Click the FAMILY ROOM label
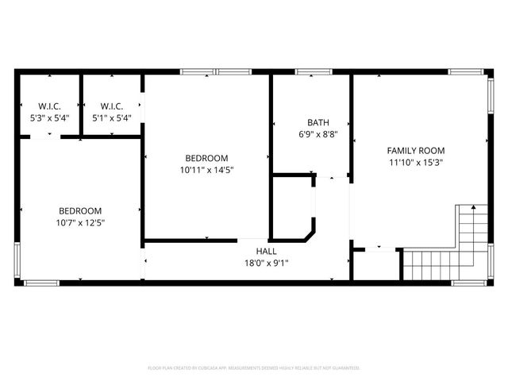[x=415, y=150]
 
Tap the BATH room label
[x=318, y=123]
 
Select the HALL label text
[x=266, y=251]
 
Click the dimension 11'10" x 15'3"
[x=415, y=162]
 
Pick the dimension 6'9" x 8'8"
[x=318, y=135]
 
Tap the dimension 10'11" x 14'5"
[x=206, y=169]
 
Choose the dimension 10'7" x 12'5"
[x=80, y=223]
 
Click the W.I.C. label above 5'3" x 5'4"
[x=49, y=106]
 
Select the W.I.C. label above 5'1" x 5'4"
[x=110, y=106]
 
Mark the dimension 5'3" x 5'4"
[x=49, y=117]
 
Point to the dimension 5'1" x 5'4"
[x=110, y=117]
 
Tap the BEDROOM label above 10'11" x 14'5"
[x=206, y=157]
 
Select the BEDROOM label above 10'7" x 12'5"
[x=80, y=210]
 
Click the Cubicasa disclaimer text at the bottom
[x=254, y=368]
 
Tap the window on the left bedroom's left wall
[x=17, y=262]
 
